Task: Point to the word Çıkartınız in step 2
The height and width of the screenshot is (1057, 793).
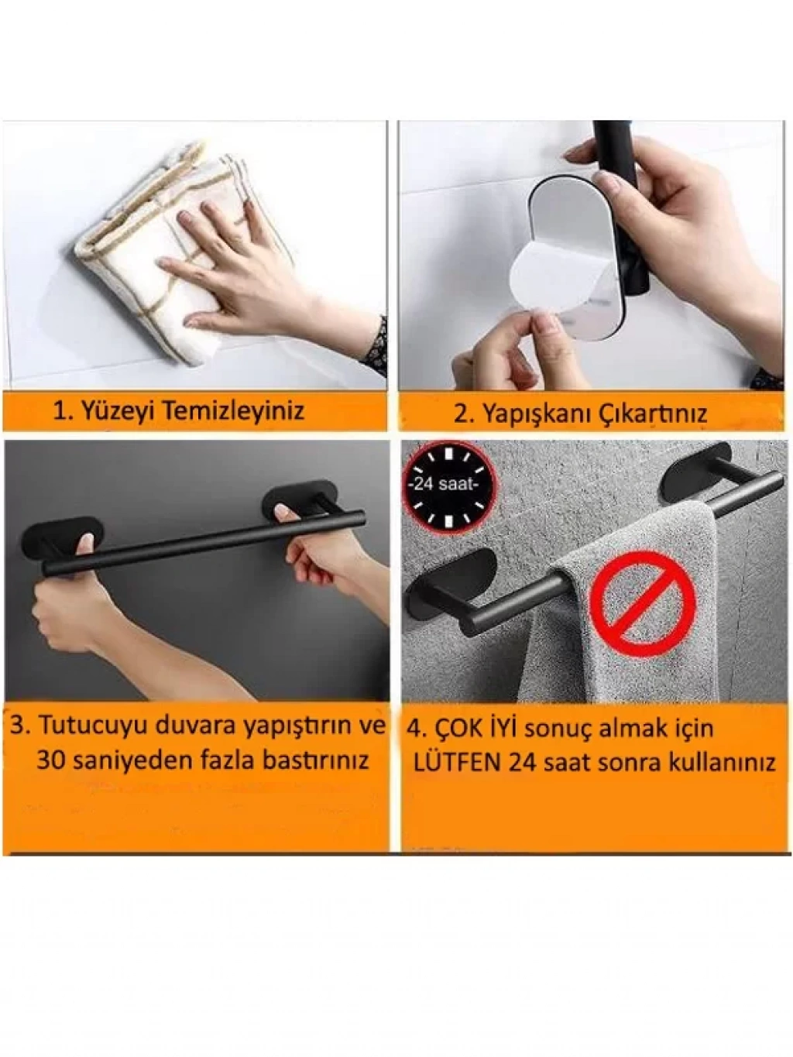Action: [x=651, y=414]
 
